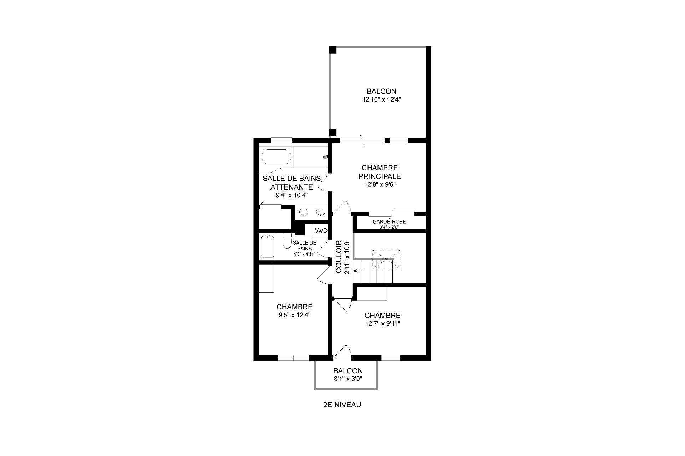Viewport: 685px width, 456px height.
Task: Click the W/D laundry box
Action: tap(321, 231)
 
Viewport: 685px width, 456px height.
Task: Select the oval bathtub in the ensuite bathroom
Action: tap(276, 157)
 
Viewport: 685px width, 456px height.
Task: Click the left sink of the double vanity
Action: tap(304, 212)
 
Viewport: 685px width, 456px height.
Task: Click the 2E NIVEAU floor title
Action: tap(342, 405)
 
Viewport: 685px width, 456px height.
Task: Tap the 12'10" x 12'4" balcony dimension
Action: tap(382, 100)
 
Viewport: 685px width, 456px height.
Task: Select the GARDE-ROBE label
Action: tap(389, 222)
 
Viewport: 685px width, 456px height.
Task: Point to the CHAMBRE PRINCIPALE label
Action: tap(380, 172)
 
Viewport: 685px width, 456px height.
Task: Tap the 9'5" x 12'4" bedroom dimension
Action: tap(295, 315)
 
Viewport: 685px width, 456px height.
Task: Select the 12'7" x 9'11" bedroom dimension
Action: tap(382, 324)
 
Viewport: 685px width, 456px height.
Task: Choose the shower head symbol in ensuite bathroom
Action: tap(325, 157)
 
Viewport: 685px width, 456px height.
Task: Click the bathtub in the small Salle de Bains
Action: tap(267, 246)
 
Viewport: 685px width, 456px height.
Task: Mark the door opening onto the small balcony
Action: tap(342, 351)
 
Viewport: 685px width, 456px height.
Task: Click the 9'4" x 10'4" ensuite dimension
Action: tap(291, 195)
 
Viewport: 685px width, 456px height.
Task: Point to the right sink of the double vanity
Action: tap(321, 212)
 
